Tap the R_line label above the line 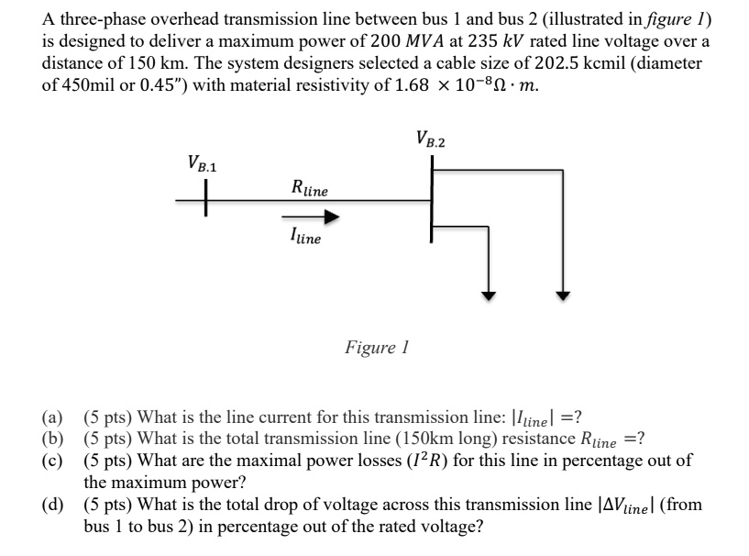click(x=308, y=190)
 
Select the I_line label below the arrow click(x=305, y=237)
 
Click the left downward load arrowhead click(x=490, y=295)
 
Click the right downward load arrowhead click(x=565, y=295)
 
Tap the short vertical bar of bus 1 click(x=206, y=197)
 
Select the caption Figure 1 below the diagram click(x=376, y=348)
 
